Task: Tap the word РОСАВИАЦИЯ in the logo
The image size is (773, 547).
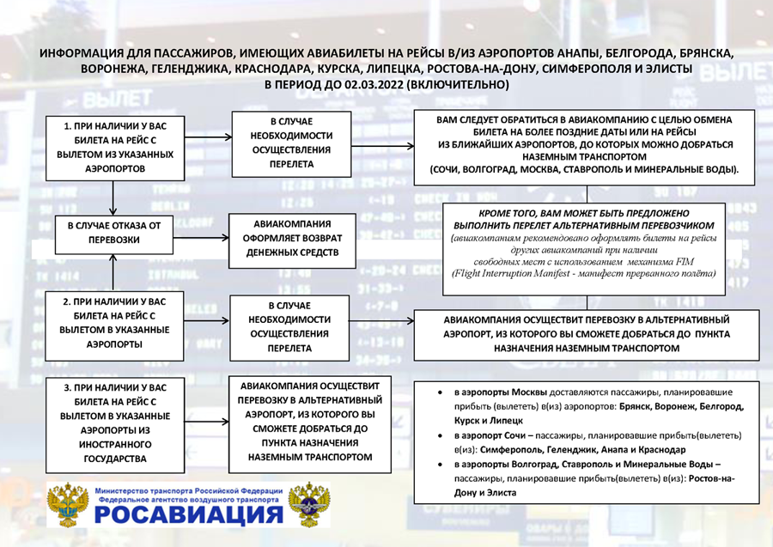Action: click(x=188, y=514)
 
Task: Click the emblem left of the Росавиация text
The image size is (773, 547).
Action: click(x=67, y=505)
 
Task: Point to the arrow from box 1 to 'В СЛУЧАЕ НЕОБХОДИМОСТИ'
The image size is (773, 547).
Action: click(x=207, y=137)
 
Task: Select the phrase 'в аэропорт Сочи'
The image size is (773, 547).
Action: click(x=490, y=435)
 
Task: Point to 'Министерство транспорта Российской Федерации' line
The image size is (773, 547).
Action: click(x=188, y=490)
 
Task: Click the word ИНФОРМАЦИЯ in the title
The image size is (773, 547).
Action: click(x=78, y=52)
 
